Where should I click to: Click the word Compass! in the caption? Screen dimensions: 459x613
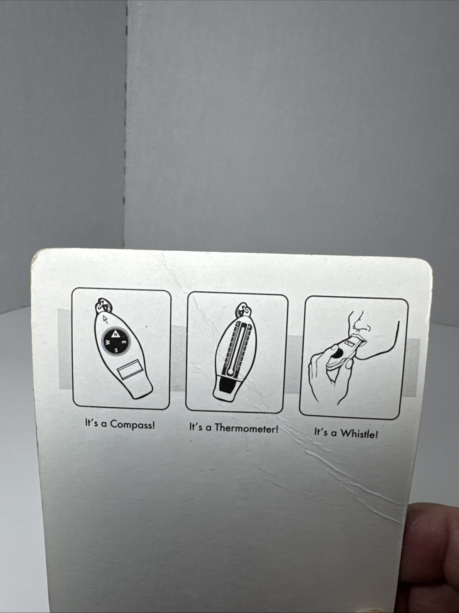pos(132,425)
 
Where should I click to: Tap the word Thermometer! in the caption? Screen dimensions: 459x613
pos(247,428)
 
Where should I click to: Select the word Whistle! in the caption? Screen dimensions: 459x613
pos(359,433)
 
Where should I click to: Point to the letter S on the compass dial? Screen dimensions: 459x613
pos(116,351)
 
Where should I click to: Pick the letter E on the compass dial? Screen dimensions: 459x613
pos(125,343)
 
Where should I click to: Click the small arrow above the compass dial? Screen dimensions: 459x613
pos(105,319)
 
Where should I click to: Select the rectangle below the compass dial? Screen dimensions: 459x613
pos(129,369)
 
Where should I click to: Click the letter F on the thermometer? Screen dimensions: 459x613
pos(249,326)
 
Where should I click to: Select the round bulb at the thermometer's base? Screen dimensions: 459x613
pos(230,372)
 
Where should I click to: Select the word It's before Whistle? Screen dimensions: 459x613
pos(321,432)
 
